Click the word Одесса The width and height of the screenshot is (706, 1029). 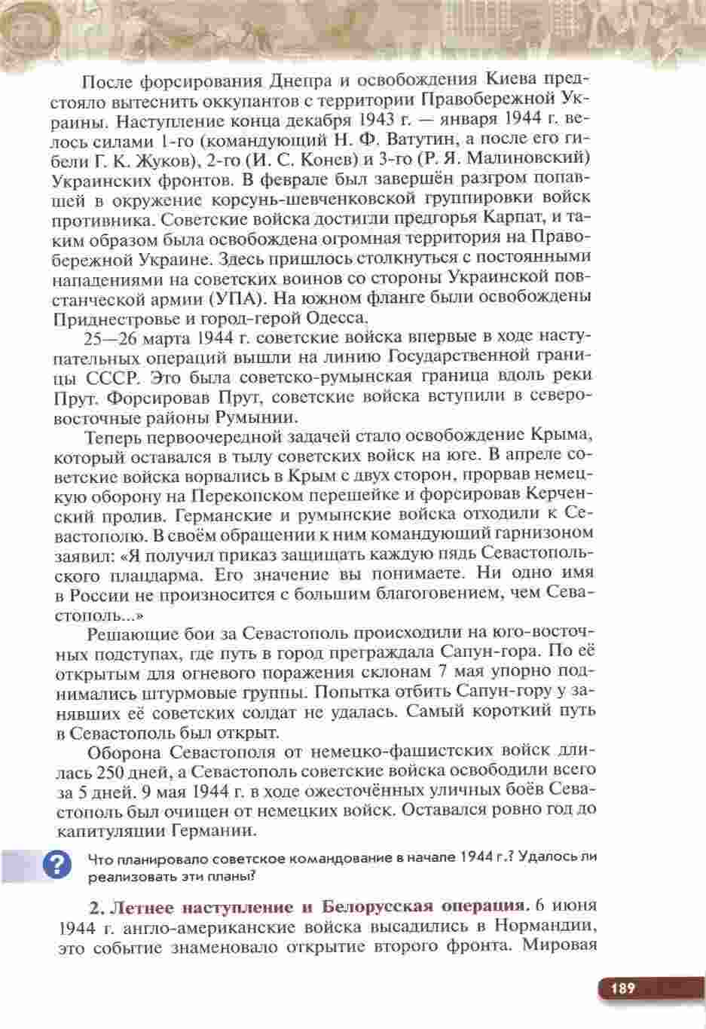(329, 316)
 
